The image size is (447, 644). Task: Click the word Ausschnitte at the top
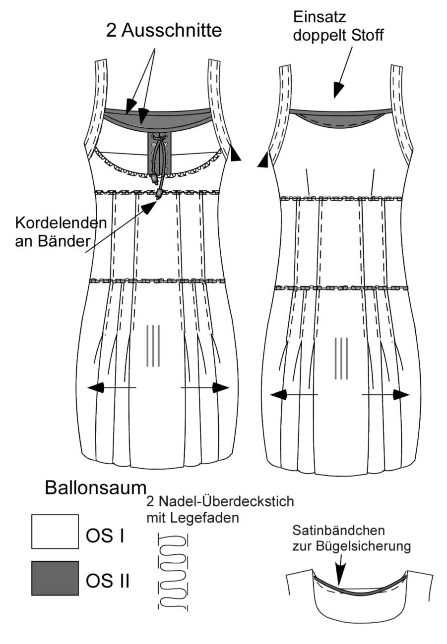(x=171, y=31)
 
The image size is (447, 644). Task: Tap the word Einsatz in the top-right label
(x=319, y=17)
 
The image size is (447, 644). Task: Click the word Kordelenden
(x=61, y=223)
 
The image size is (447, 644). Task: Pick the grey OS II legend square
(x=55, y=578)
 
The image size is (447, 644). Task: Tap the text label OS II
(x=108, y=581)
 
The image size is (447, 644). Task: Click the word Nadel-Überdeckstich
(x=226, y=502)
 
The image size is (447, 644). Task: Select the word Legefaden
(x=204, y=518)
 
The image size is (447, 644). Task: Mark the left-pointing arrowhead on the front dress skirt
(x=96, y=387)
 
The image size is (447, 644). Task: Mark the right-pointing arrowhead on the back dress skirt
(x=401, y=395)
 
